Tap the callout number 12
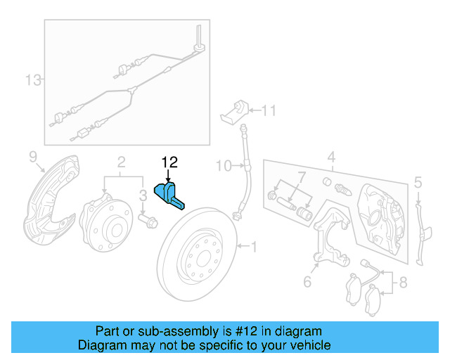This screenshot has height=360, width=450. pyautogui.click(x=169, y=163)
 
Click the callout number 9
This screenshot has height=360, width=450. pyautogui.click(x=32, y=155)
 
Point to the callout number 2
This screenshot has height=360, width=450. pyautogui.click(x=121, y=161)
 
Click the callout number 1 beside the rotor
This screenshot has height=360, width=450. pyautogui.click(x=255, y=246)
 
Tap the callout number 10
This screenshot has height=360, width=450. pyautogui.click(x=223, y=166)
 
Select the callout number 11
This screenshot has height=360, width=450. pyautogui.click(x=269, y=110)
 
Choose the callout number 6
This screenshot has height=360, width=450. pyautogui.click(x=307, y=282)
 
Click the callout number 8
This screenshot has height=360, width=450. pyautogui.click(x=402, y=283)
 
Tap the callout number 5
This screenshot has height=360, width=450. pyautogui.click(x=418, y=184)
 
